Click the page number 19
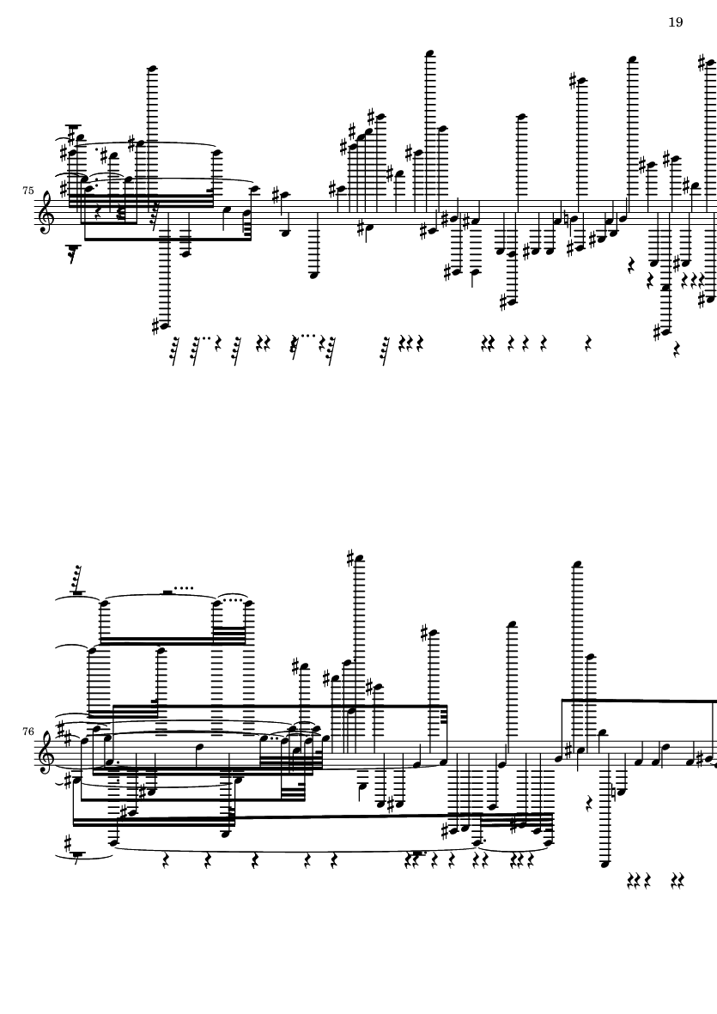click(675, 22)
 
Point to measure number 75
click(27, 191)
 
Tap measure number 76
click(27, 732)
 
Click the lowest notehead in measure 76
click(605, 864)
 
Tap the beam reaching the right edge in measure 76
click(640, 701)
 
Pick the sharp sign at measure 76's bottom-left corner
click(67, 842)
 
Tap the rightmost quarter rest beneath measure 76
click(681, 880)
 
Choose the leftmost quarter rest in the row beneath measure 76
click(165, 860)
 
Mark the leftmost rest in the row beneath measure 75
click(174, 350)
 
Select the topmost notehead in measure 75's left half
click(153, 68)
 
